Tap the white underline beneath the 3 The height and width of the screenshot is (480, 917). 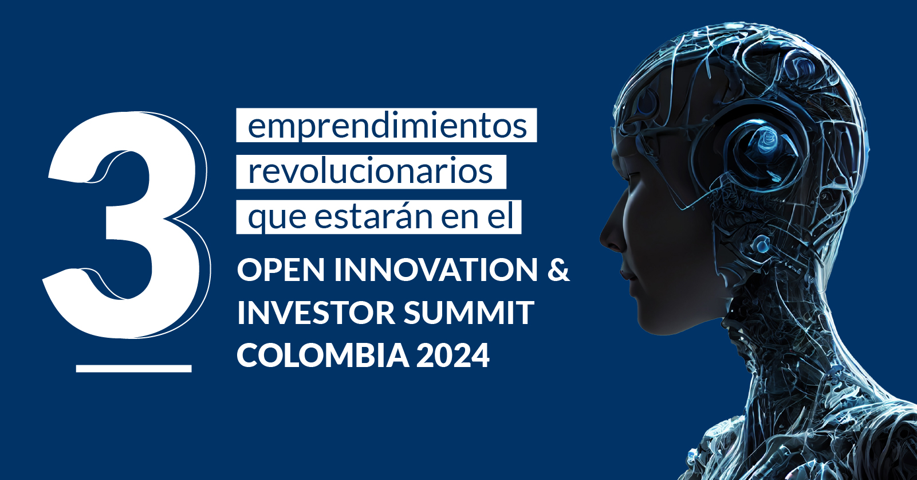click(x=133, y=368)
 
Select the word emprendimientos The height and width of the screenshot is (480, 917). click(x=387, y=126)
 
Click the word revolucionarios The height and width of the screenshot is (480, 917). click(x=370, y=171)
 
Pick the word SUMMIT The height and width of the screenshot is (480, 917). click(x=469, y=313)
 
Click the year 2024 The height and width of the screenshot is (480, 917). click(x=452, y=355)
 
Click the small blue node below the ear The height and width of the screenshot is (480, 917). click(x=761, y=245)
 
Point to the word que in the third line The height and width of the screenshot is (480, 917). click(x=277, y=218)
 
